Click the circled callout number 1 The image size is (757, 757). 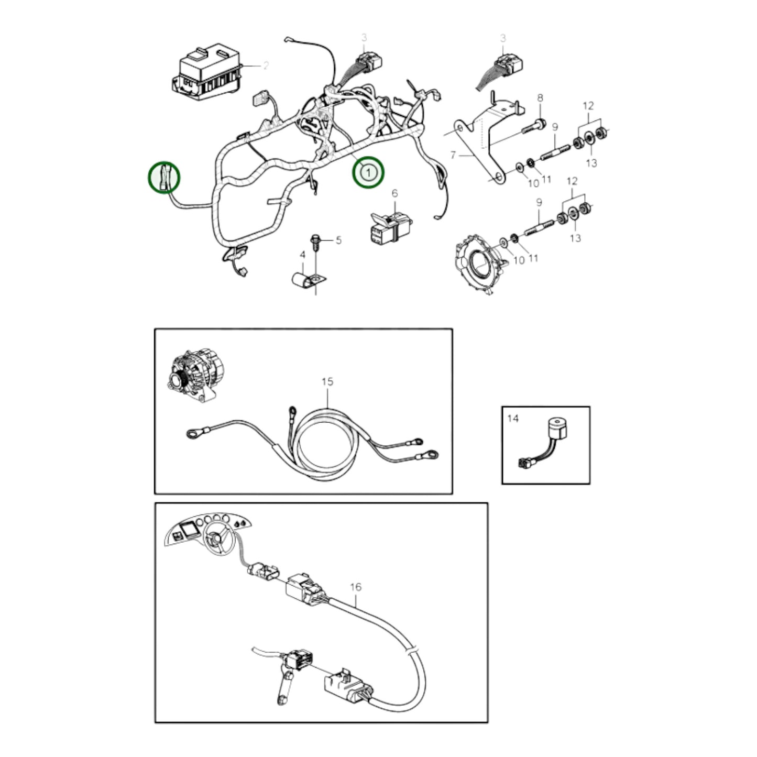point(368,172)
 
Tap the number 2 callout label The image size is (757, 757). point(266,65)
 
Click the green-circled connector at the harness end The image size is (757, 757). point(164,177)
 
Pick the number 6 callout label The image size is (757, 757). point(394,194)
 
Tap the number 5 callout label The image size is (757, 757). point(338,240)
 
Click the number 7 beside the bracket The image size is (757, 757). point(454,156)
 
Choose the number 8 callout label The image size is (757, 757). point(540,98)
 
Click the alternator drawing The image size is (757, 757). point(192,376)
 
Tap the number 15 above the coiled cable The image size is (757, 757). point(327,382)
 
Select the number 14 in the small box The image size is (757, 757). point(512,418)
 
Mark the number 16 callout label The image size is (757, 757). point(355,587)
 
